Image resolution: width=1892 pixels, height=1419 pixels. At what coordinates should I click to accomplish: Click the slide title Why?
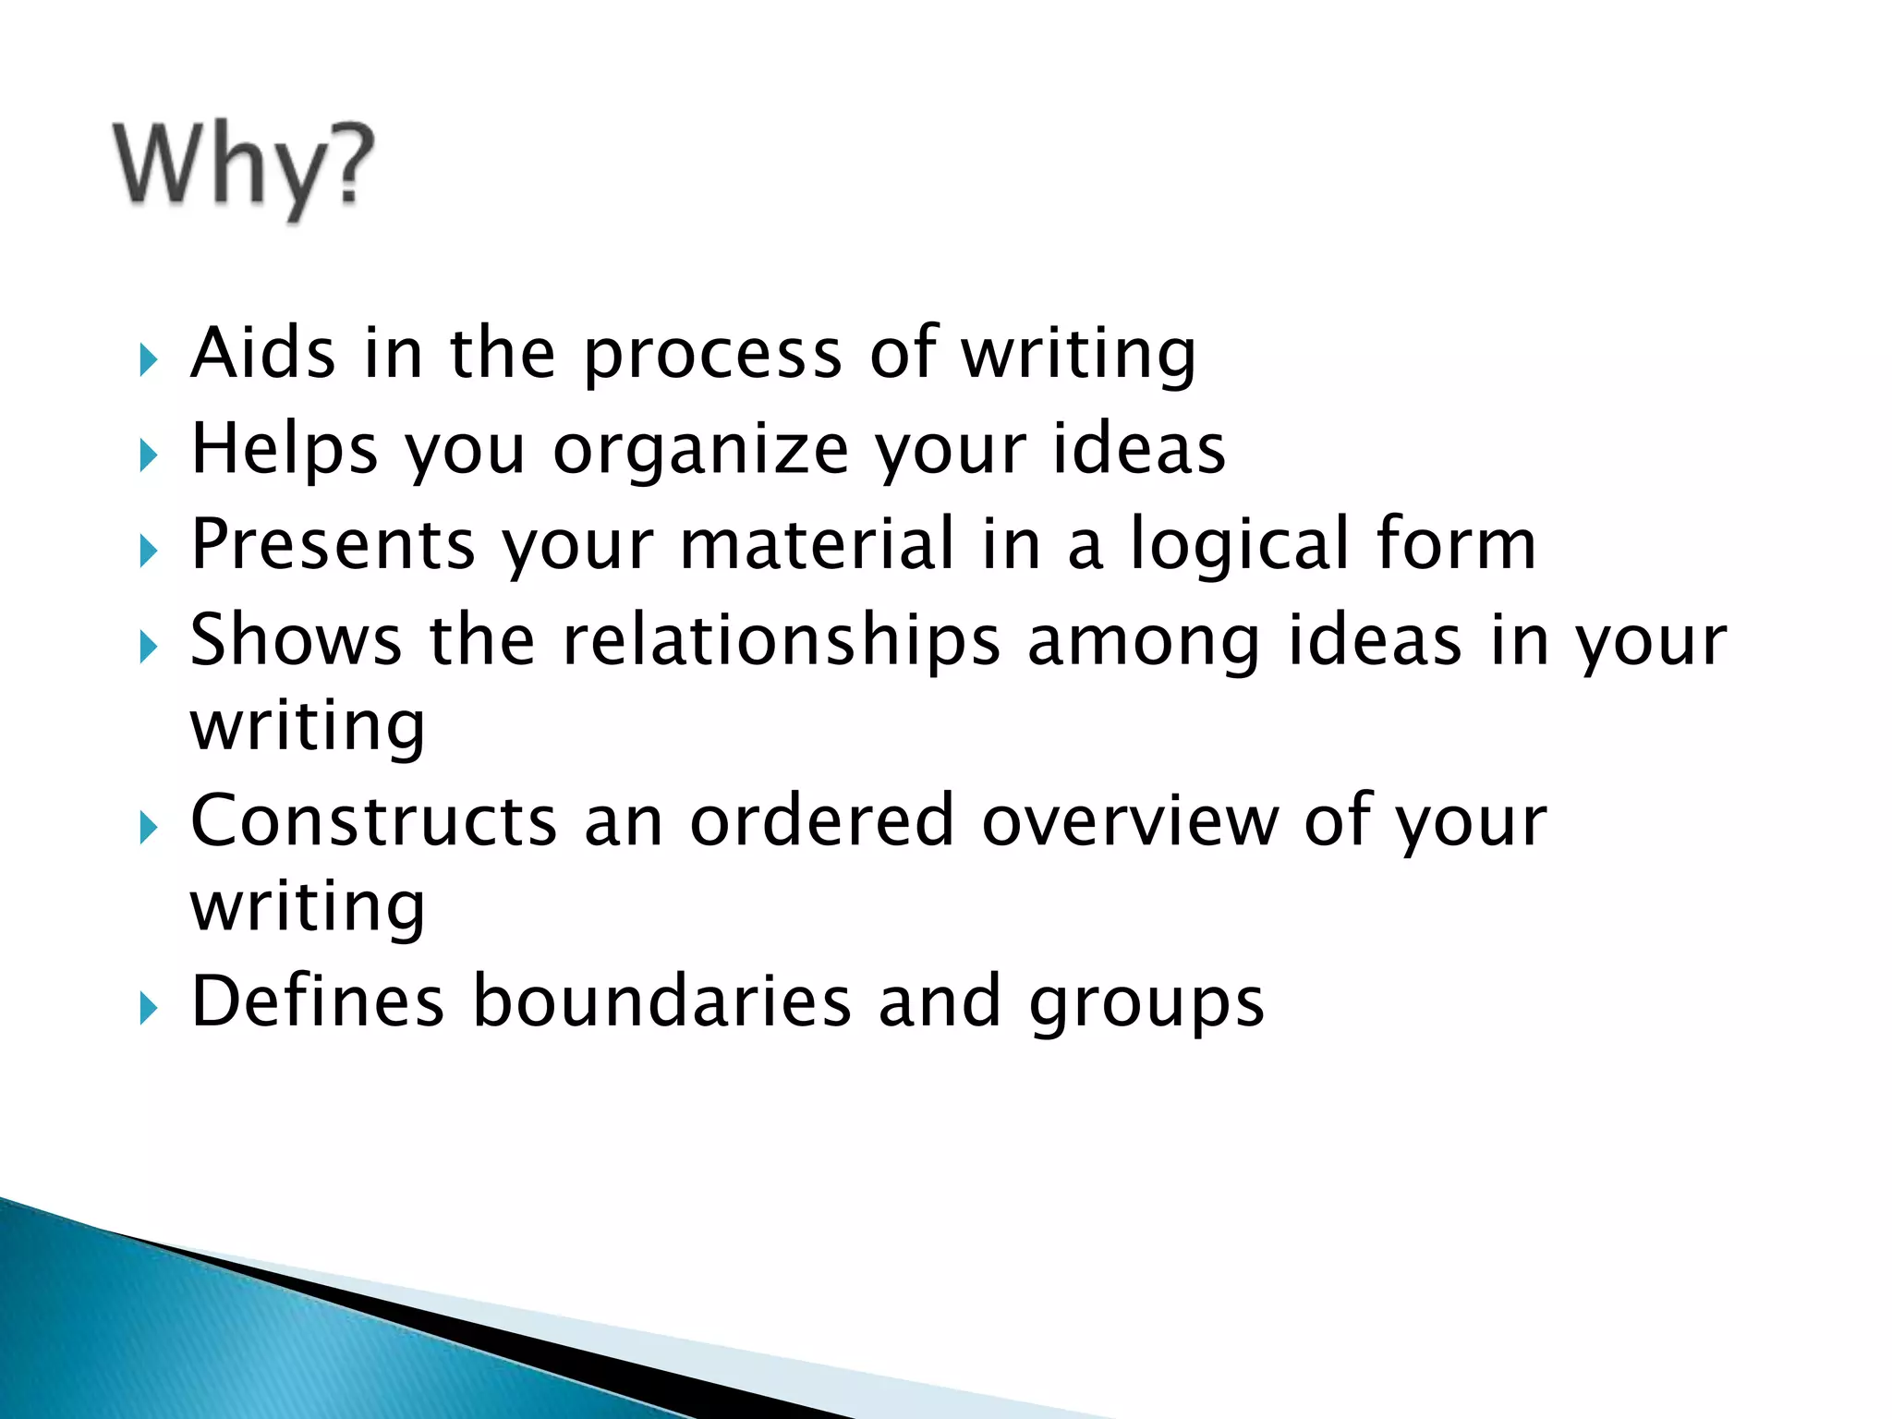coord(245,167)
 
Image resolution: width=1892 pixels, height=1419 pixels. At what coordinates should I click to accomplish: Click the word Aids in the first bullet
coord(262,354)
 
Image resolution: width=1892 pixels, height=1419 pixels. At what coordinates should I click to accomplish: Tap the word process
coord(712,356)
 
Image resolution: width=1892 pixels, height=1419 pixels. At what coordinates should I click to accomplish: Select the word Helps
coord(284,450)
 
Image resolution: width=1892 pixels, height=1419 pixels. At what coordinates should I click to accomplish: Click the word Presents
coord(334,545)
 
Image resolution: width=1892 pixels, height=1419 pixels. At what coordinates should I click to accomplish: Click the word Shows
coord(296,640)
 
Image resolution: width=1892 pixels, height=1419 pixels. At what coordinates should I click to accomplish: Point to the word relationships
coord(782,642)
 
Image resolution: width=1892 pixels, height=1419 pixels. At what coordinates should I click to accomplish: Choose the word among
coord(1144,642)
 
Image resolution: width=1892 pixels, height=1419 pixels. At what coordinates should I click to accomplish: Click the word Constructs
coord(373,821)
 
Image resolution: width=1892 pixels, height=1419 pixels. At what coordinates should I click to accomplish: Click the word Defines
coord(317,1002)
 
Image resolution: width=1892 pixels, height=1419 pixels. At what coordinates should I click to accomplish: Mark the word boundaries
coord(662,1002)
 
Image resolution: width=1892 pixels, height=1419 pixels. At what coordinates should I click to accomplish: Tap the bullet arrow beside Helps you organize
coord(149,455)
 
